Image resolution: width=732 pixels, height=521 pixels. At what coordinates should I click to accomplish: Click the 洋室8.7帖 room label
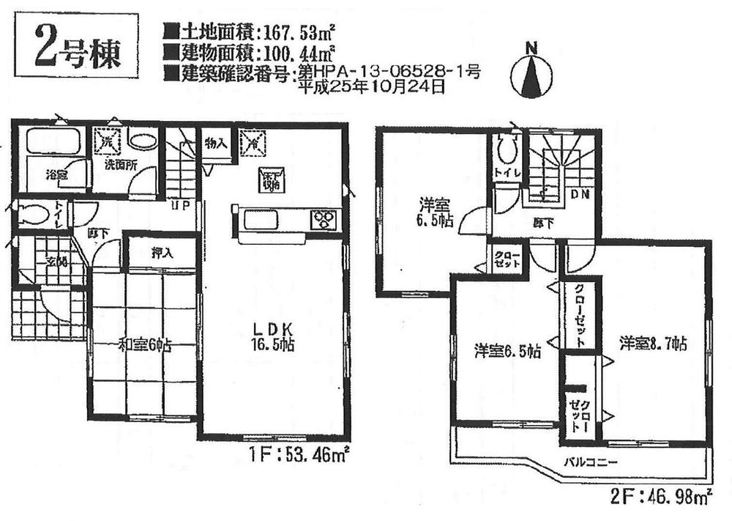click(652, 343)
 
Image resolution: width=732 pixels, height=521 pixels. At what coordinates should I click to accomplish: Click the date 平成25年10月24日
click(371, 86)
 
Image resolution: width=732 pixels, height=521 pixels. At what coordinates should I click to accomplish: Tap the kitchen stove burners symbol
click(323, 219)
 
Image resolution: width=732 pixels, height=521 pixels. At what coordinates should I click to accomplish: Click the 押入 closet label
click(163, 254)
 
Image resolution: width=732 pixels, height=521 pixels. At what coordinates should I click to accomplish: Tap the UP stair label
click(181, 205)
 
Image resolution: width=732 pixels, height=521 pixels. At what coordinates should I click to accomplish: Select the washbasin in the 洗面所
click(142, 140)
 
